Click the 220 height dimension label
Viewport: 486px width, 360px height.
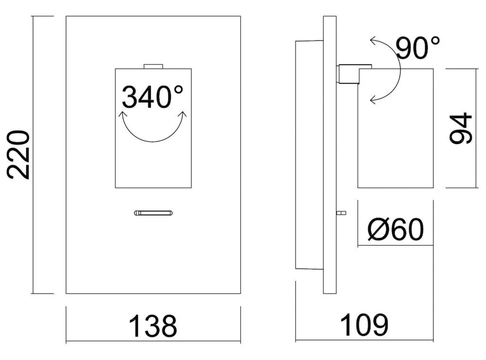point(20,154)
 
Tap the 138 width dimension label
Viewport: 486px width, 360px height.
point(153,326)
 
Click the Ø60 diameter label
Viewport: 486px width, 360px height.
point(395,229)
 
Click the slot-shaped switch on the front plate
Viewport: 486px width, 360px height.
point(154,213)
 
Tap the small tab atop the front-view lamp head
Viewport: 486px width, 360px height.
point(153,66)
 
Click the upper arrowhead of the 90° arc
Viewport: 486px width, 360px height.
point(372,42)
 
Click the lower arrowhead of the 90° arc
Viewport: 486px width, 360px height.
point(372,101)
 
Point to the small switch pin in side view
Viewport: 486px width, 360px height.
point(342,213)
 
